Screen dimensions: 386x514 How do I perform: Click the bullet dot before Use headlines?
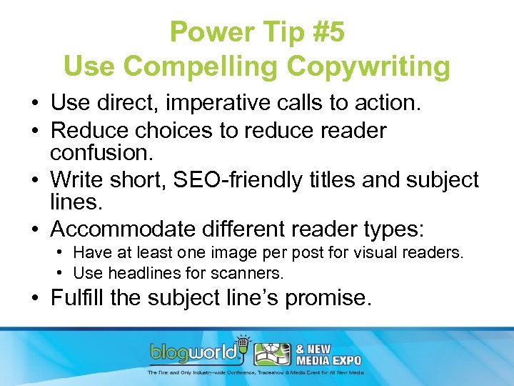pyautogui.click(x=64, y=272)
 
